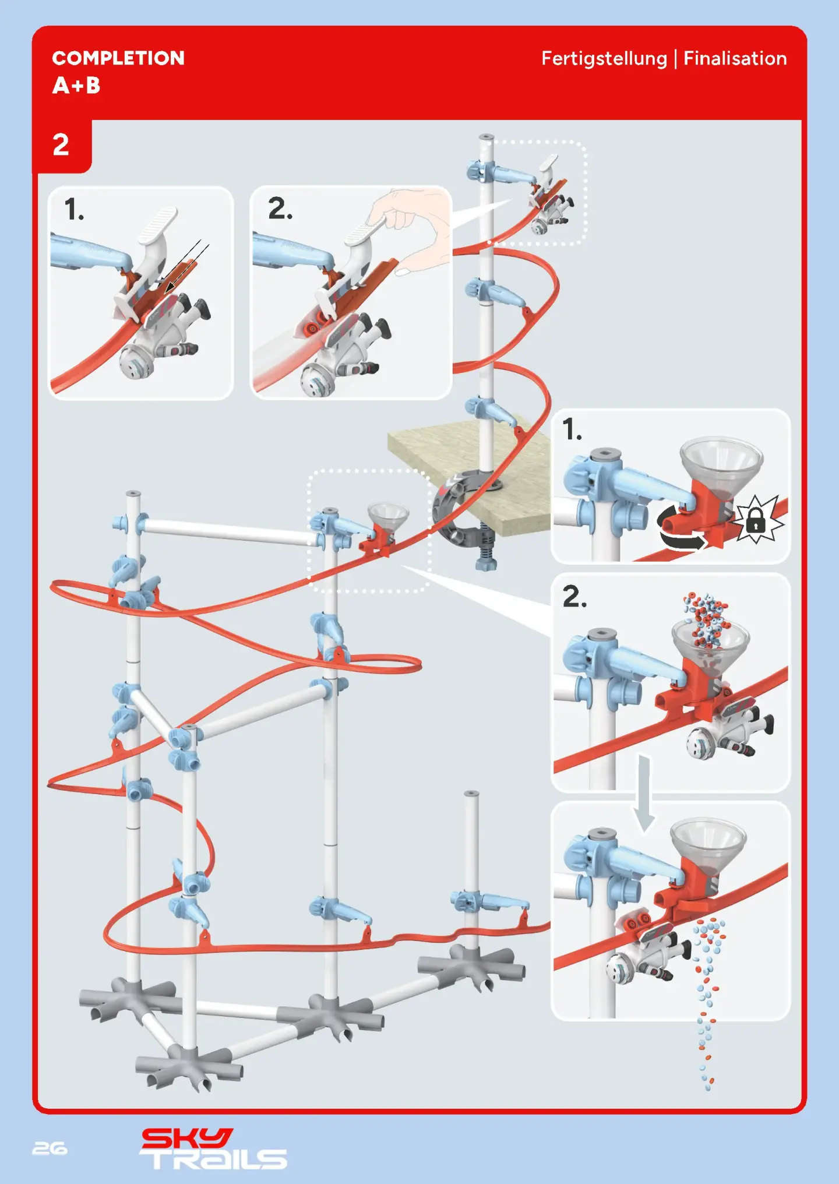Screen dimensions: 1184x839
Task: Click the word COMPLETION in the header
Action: click(x=118, y=58)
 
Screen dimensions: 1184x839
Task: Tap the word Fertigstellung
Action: click(x=604, y=59)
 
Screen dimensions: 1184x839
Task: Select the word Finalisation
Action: click(x=735, y=59)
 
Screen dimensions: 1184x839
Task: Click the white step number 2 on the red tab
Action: click(x=61, y=145)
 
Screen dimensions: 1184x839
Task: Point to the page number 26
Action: click(x=50, y=1148)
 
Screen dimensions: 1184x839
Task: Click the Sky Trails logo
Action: click(x=213, y=1148)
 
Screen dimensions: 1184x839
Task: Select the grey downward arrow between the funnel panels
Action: click(x=644, y=793)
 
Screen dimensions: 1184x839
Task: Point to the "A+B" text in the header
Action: click(x=76, y=86)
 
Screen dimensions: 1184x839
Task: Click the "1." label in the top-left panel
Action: click(x=74, y=210)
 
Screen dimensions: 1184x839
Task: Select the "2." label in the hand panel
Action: click(x=280, y=209)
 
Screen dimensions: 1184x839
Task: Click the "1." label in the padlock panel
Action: click(x=572, y=430)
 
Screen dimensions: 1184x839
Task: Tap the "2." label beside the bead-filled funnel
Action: click(x=574, y=597)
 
